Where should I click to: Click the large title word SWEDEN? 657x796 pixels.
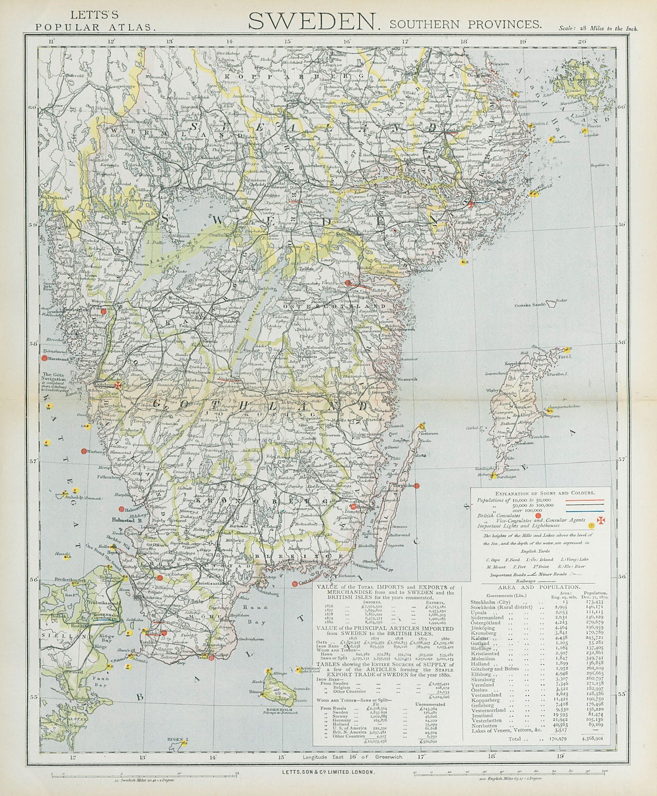click(x=312, y=21)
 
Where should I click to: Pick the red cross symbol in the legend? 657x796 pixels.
click(x=601, y=520)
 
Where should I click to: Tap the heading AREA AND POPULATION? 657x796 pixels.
click(x=540, y=587)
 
